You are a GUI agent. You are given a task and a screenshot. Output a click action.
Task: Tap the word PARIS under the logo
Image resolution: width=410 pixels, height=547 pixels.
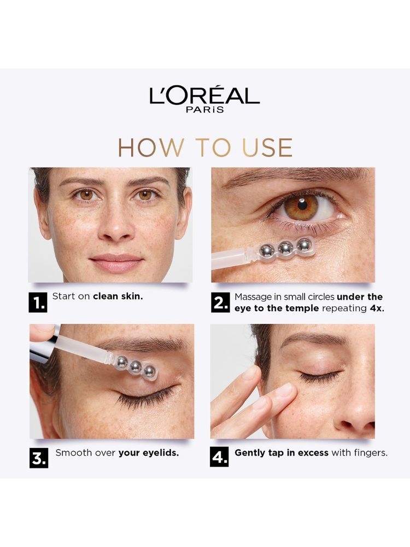pyautogui.click(x=205, y=109)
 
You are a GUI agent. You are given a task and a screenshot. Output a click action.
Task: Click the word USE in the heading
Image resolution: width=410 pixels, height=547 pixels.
pyautogui.click(x=267, y=148)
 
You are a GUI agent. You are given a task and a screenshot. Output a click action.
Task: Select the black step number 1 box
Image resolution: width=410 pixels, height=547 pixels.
pyautogui.click(x=38, y=302)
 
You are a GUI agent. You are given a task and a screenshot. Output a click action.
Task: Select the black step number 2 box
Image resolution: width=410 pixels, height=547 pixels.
pyautogui.click(x=220, y=302)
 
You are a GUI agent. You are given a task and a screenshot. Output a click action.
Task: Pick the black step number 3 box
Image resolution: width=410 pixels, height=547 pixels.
pyautogui.click(x=39, y=458)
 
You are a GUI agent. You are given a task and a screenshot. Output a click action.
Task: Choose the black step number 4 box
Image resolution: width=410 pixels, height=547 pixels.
pyautogui.click(x=220, y=457)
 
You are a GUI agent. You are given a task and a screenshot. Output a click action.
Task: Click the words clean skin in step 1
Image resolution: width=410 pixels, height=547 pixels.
pyautogui.click(x=118, y=296)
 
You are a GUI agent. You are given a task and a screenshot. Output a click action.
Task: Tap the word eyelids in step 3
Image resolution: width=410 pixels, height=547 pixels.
pyautogui.click(x=161, y=453)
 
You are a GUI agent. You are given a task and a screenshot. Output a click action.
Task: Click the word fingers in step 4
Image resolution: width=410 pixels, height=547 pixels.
pyautogui.click(x=371, y=453)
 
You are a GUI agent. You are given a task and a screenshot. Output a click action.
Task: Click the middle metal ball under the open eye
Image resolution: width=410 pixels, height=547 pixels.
pyautogui.click(x=285, y=248)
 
